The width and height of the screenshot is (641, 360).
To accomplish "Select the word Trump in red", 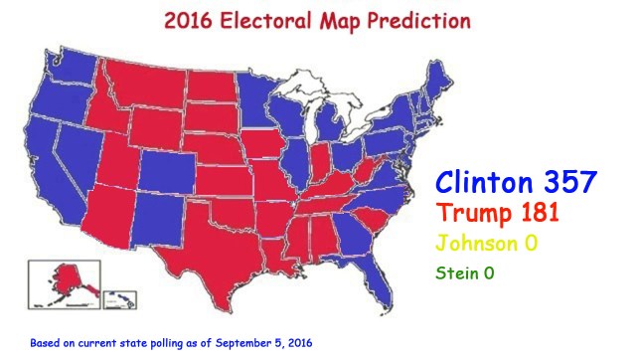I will point(472,212).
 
